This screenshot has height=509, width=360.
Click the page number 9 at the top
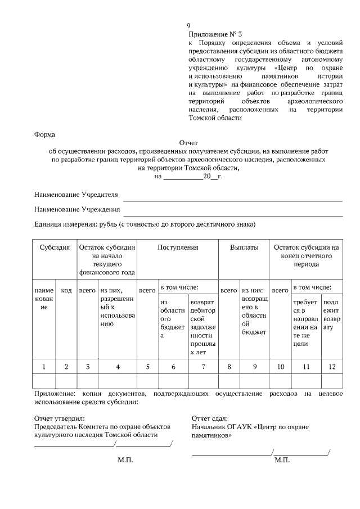(189, 26)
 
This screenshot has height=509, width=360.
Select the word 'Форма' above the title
(45, 134)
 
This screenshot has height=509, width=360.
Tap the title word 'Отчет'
(188, 143)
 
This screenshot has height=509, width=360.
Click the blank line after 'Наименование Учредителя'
(232, 197)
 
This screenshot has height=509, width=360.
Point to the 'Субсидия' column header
(54, 247)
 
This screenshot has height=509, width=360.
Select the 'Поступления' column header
(178, 247)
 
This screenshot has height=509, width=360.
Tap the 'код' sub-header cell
(66, 290)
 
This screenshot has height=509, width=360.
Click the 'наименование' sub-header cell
(43, 299)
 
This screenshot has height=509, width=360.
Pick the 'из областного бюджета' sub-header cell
(173, 318)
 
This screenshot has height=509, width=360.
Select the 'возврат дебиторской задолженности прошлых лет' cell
(203, 326)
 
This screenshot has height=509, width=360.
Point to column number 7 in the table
(203, 367)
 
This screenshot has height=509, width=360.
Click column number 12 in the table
(331, 367)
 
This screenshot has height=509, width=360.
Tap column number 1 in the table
(43, 367)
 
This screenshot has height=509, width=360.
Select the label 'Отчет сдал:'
(209, 418)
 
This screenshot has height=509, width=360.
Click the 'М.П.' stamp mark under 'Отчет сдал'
(282, 460)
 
